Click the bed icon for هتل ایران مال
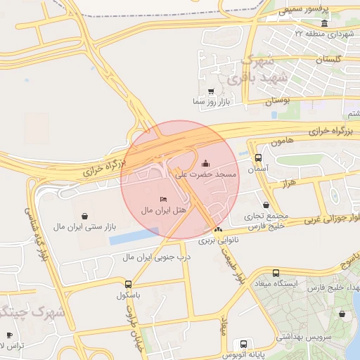[x=164, y=199]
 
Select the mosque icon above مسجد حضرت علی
[x=205, y=163]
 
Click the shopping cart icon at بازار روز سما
[x=211, y=91]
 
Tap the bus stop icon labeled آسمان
[x=258, y=157]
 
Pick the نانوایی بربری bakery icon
[x=218, y=229]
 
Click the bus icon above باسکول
[x=128, y=284]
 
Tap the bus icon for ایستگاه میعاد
[x=275, y=273]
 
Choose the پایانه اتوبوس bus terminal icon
[x=243, y=345]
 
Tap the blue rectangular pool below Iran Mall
[x=134, y=236]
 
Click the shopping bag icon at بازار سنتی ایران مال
[x=85, y=215]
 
